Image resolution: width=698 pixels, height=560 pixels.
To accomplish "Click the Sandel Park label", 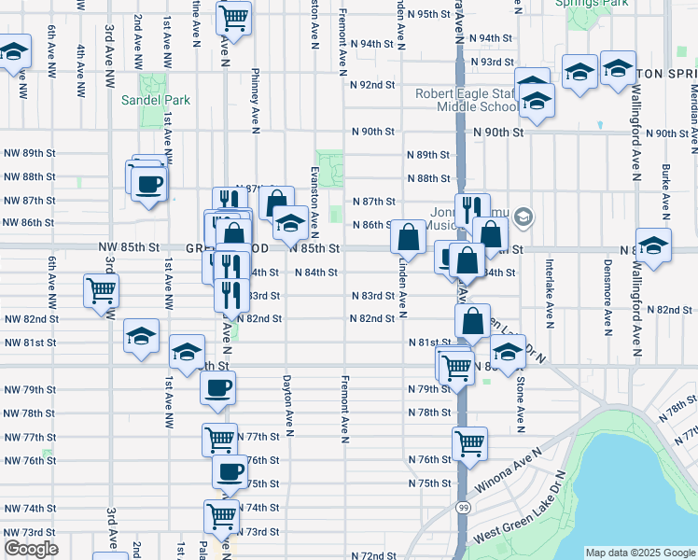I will coord(143,100).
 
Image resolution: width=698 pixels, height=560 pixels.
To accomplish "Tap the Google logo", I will coord(31,548).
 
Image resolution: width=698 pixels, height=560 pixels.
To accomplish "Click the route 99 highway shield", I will coord(464,508).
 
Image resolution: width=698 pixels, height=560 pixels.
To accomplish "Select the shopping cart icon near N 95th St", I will coord(233,17).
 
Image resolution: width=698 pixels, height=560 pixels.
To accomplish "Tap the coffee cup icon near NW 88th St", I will coord(148,182).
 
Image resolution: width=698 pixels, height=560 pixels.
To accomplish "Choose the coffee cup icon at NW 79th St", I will coord(217,387).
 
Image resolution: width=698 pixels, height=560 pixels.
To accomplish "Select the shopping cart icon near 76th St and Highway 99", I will coord(469,442).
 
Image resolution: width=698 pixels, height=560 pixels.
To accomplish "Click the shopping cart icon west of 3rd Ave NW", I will coord(101,288).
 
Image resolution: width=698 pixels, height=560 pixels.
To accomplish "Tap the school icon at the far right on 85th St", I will coord(653,245).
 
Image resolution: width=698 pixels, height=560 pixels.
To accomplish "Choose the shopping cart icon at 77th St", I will coord(220,437).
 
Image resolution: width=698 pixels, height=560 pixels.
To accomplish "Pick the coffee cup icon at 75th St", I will coord(230,471).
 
